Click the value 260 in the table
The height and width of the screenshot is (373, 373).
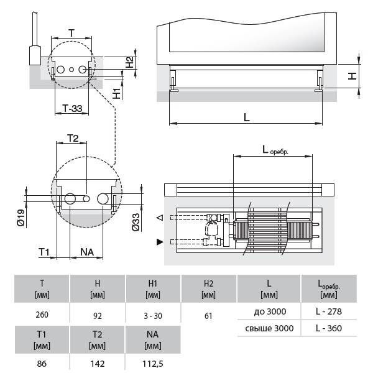coord(42,315)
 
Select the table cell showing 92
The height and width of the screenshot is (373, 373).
coord(97,315)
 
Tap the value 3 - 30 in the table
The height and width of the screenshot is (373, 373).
coord(153,315)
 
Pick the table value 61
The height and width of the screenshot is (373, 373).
coord(208,315)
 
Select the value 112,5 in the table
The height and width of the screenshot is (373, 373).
coord(153,364)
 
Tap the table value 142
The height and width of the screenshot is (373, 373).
coord(97,364)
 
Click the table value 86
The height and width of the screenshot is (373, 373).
coord(42,364)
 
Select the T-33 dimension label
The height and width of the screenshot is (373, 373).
coord(73,108)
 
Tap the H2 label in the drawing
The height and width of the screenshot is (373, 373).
coord(129,62)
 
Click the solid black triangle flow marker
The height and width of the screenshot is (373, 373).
coord(160,240)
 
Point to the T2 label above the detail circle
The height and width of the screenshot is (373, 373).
coord(73,138)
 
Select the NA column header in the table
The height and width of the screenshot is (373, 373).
coord(153,338)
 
